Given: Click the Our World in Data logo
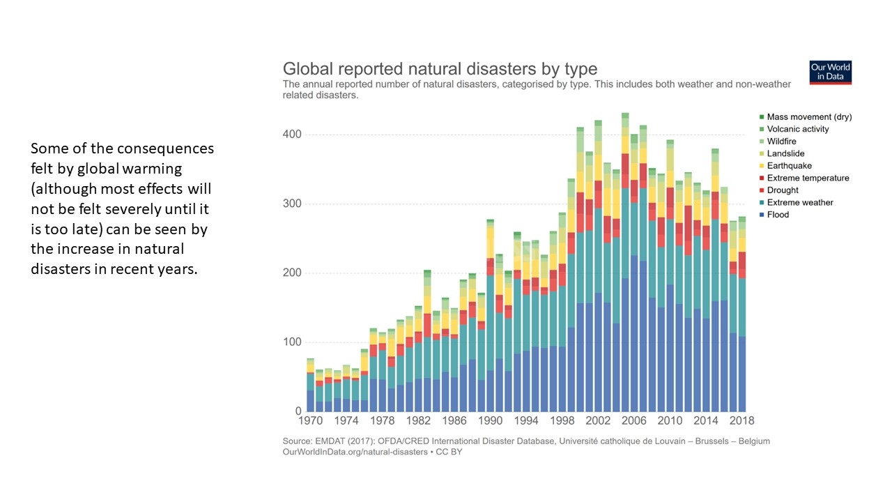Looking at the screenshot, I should click(830, 73).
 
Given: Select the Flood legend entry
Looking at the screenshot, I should click(778, 215).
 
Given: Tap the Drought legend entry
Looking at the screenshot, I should click(783, 190).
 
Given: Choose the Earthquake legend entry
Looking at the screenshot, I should click(789, 166).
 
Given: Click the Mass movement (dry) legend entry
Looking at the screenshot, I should click(809, 117).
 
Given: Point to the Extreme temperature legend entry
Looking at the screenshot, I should click(808, 178).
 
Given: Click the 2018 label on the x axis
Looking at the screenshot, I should click(741, 421).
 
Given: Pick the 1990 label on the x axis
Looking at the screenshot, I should click(491, 421).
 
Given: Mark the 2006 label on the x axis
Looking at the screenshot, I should click(633, 421).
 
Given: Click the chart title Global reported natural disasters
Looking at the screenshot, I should click(440, 69).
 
